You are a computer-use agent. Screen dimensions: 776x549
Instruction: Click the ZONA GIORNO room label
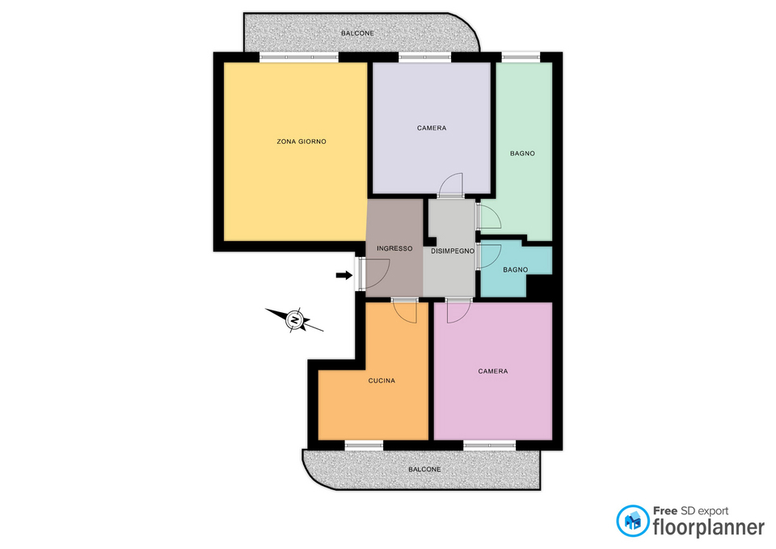302,141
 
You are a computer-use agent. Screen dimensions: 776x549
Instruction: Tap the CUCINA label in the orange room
382,381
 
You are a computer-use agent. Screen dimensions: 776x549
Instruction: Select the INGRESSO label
394,248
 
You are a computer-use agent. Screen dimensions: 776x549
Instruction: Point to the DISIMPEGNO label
453,251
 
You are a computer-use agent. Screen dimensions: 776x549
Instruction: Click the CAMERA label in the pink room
493,371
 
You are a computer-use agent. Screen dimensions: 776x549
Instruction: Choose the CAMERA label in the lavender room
432,129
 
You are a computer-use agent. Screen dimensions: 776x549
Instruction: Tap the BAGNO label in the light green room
523,154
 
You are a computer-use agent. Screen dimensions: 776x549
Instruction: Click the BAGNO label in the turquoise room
515,270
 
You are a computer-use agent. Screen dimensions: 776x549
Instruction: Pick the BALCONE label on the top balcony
357,33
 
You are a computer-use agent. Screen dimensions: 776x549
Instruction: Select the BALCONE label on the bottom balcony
424,469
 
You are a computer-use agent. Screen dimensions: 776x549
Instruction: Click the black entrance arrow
344,275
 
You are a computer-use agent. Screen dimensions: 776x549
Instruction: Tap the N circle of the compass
294,320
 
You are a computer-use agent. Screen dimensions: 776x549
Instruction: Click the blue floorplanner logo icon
632,521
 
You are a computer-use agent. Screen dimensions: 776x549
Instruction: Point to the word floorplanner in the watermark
709,527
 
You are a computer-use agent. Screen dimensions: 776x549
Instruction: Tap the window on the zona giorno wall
299,57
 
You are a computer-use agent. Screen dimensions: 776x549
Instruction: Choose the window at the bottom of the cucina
365,446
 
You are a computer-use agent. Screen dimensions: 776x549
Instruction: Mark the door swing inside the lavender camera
450,184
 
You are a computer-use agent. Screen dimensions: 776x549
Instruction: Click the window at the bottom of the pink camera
490,446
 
